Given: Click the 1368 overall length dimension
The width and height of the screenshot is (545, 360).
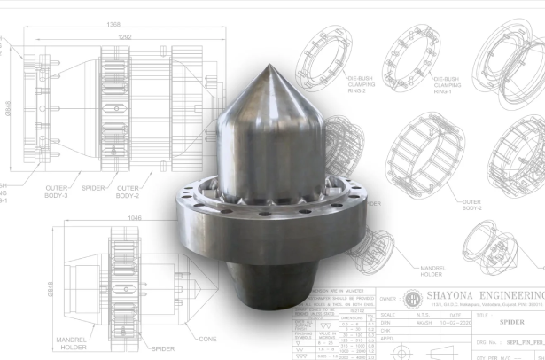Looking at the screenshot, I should [113, 24].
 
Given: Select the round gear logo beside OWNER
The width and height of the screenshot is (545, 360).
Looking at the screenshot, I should [412, 297].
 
